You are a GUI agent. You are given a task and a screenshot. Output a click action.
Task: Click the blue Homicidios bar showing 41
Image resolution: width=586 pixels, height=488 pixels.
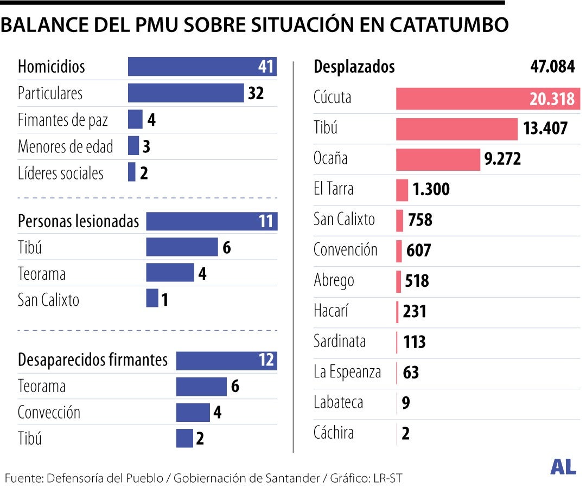(202, 67)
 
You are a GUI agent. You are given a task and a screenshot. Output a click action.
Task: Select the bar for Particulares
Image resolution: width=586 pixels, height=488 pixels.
(186, 93)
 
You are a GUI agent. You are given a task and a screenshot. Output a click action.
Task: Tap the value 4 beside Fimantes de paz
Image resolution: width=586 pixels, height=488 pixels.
(151, 119)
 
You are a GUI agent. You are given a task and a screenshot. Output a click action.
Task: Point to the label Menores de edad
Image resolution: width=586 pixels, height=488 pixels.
(65, 146)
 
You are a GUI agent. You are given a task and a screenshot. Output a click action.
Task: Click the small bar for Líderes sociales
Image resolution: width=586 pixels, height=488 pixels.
(132, 172)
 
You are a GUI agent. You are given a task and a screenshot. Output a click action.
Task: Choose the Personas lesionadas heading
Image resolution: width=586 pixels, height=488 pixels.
(78, 221)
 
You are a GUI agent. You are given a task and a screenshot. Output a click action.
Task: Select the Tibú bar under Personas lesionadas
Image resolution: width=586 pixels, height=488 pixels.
(182, 247)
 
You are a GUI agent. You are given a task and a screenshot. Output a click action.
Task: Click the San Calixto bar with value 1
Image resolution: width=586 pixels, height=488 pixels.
(152, 298)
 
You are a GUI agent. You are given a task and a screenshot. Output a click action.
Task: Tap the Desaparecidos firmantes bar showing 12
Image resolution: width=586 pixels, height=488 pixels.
(226, 360)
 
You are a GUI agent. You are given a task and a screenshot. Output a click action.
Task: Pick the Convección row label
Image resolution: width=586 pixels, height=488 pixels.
(49, 412)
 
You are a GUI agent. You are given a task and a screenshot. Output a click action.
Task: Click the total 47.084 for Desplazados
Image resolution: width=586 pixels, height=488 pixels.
(552, 67)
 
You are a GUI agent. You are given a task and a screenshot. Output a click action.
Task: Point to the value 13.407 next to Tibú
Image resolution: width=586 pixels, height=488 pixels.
(545, 129)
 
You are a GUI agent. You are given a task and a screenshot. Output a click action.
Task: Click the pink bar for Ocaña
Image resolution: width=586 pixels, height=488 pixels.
(438, 159)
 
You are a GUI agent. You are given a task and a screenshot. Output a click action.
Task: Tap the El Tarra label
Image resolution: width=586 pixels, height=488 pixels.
(333, 189)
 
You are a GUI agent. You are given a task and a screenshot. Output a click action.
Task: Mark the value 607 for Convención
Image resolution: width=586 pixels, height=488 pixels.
(418, 251)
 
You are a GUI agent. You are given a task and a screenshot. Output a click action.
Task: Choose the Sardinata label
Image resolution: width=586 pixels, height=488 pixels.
(340, 341)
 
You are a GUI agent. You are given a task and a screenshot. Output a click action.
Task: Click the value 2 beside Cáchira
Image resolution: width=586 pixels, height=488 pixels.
(406, 434)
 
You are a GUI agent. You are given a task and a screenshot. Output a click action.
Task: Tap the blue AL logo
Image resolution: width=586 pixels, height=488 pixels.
(563, 467)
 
